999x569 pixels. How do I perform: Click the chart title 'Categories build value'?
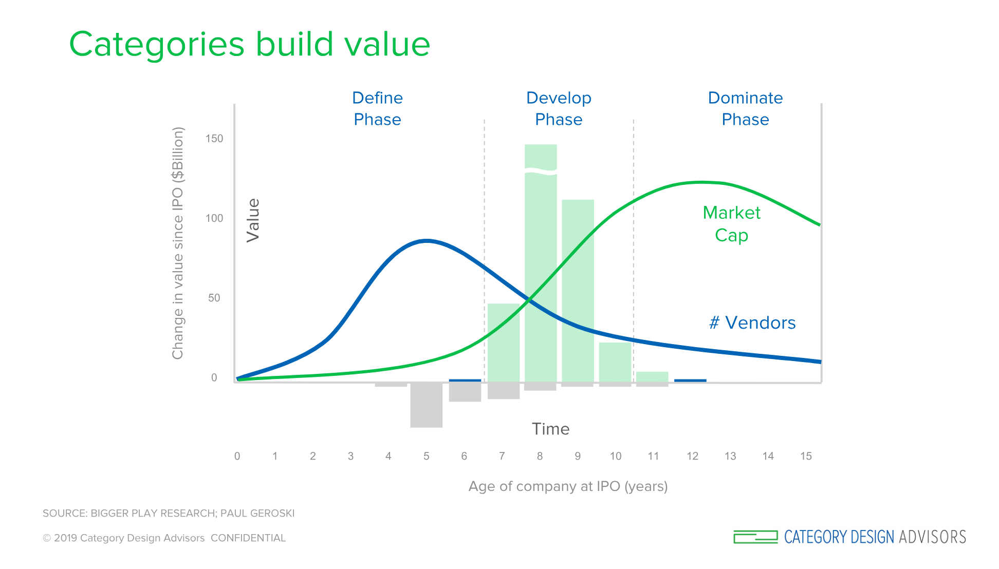(x=250, y=44)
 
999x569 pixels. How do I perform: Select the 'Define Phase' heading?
(x=377, y=108)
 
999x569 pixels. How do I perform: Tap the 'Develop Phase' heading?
(x=559, y=108)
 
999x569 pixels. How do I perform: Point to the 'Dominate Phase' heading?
(x=745, y=108)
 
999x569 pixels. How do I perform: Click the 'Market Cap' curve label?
(x=731, y=224)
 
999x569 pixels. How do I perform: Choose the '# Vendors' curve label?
(x=752, y=323)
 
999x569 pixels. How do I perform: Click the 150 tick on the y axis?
(x=214, y=139)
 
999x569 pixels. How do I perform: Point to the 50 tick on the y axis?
(x=214, y=298)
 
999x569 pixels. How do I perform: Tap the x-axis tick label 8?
(x=540, y=456)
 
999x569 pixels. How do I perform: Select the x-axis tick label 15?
(x=806, y=456)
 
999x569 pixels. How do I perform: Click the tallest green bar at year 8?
(x=541, y=263)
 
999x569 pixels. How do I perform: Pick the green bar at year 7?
(x=504, y=343)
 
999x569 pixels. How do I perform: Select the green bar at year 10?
(x=615, y=362)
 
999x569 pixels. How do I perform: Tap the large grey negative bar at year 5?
(x=427, y=405)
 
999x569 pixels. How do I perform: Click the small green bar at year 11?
(x=652, y=377)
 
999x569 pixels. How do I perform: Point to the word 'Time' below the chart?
(x=550, y=429)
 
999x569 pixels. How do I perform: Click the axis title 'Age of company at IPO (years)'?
(x=568, y=486)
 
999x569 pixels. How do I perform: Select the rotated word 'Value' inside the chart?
(x=253, y=220)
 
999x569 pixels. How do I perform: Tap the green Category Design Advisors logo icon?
(x=755, y=537)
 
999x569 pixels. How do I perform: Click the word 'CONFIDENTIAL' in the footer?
(x=248, y=538)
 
